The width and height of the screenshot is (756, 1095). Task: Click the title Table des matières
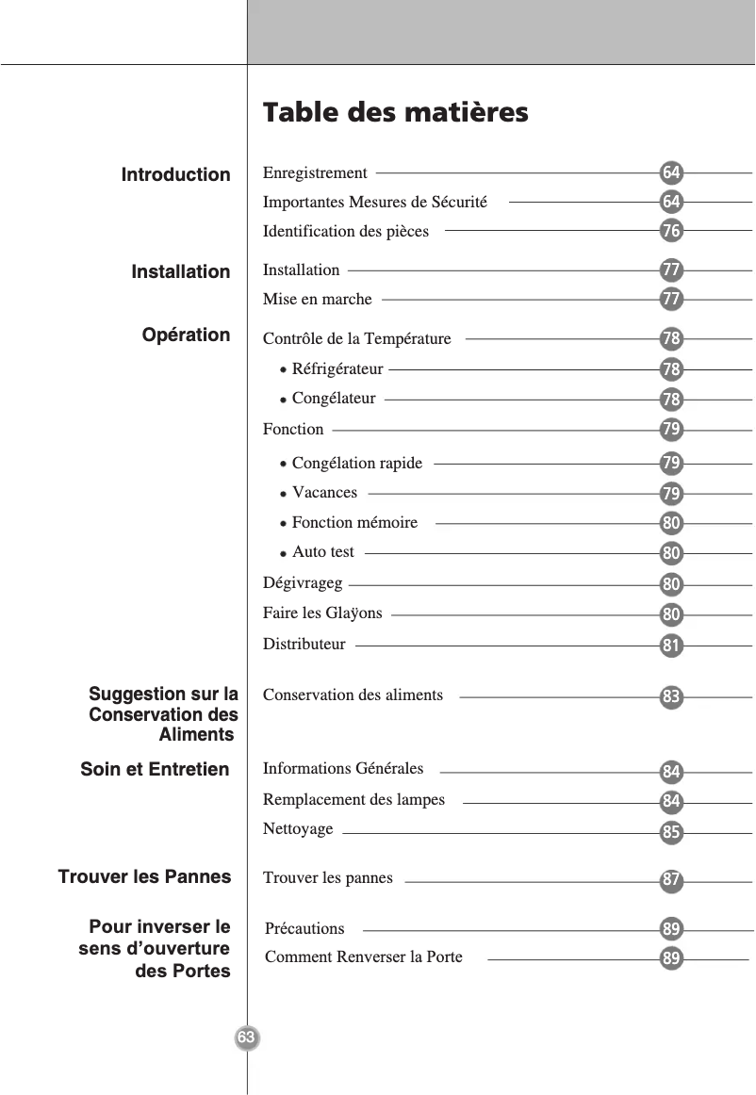coord(395,113)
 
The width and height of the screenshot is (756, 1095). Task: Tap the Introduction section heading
coord(175,175)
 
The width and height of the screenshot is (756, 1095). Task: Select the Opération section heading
coord(186,335)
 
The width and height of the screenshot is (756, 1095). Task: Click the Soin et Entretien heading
coord(155,770)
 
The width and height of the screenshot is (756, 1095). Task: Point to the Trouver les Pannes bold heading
coord(144,877)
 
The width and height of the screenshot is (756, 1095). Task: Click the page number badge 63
coord(246,1038)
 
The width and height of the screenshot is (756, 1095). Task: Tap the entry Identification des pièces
coord(345,231)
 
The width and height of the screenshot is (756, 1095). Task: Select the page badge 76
coord(671,231)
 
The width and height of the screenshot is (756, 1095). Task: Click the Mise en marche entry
coord(317,300)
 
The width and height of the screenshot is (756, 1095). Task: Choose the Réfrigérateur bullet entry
coord(337,368)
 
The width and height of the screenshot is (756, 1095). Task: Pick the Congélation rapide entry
coord(356,464)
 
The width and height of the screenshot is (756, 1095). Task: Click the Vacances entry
coord(324,493)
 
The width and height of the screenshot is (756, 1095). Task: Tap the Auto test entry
coord(322,552)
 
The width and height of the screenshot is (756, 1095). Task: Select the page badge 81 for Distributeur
coord(671,646)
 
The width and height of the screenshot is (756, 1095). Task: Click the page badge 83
coord(671,698)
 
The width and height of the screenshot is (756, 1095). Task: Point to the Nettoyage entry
coord(298,829)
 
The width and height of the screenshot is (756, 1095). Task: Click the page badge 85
coord(671,833)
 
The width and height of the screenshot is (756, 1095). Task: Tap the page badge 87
coord(671,881)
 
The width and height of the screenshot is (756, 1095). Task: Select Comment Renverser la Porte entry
coord(364,957)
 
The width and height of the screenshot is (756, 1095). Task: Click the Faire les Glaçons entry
coord(322,613)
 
